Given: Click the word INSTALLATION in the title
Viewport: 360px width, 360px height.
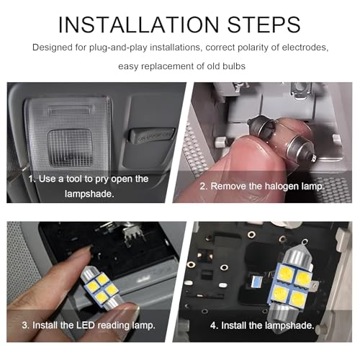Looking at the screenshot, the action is coord(138,24).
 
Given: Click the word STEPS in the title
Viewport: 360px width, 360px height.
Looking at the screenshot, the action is coord(264,24).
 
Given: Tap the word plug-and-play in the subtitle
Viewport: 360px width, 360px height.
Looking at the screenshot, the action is coord(118,48).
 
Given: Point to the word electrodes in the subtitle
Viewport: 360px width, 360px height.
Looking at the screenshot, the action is coord(305,48).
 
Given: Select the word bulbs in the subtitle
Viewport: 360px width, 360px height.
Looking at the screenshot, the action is coord(234,66).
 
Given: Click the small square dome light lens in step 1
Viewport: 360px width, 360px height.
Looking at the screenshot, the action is coord(71,148).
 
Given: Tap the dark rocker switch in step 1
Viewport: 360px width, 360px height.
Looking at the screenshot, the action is coord(151,135).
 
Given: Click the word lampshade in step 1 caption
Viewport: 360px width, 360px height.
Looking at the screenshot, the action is coord(89,194).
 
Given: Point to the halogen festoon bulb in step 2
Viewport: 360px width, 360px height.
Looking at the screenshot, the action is coord(282,138).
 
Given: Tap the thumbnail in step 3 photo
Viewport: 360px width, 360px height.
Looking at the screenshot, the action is coord(131,312).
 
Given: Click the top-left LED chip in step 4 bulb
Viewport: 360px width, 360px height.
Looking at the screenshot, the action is coord(286,273).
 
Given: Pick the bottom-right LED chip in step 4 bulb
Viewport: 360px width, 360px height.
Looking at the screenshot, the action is coord(297,298).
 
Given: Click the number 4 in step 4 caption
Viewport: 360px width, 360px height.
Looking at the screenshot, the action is coord(213,325).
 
